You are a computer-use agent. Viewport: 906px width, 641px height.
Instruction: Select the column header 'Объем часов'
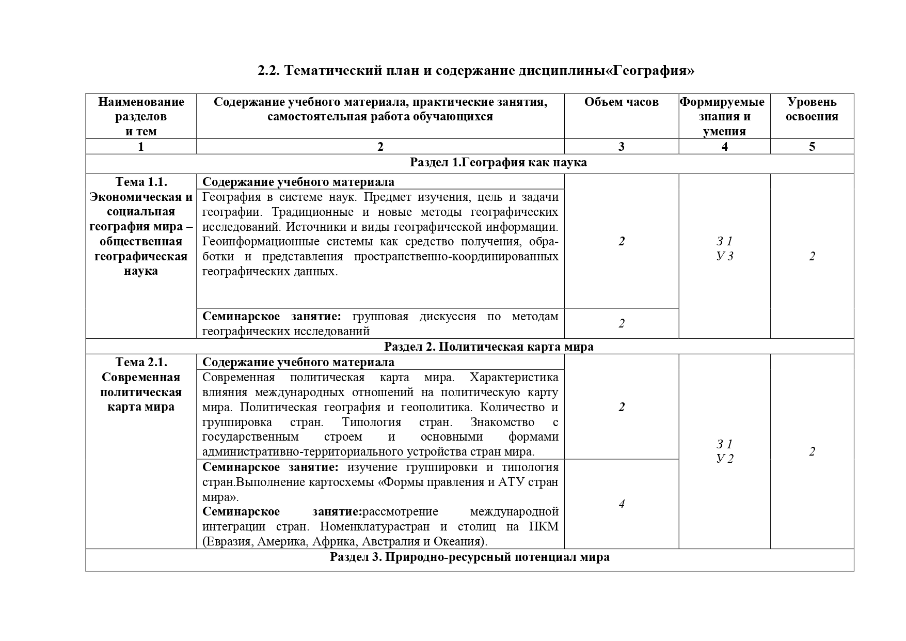point(621,102)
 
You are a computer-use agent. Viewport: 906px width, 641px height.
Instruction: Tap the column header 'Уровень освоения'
point(812,109)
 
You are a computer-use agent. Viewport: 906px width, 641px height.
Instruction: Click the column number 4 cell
point(724,147)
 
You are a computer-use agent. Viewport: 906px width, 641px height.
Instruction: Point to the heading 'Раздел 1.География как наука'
point(498,162)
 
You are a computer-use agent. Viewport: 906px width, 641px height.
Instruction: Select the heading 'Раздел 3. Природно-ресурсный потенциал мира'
point(470,557)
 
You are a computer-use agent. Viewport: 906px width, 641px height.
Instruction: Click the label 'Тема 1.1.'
point(141,182)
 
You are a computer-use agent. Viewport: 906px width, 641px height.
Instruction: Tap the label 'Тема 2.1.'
point(141,362)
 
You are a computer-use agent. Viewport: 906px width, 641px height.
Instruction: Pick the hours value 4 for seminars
point(622,504)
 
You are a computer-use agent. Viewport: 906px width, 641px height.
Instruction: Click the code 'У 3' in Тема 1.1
point(725,256)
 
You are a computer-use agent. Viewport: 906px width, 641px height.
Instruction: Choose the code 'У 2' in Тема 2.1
point(725,459)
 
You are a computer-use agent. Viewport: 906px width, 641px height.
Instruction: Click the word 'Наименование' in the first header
point(141,102)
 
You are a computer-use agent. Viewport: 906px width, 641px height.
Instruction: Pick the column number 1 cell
point(141,147)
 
